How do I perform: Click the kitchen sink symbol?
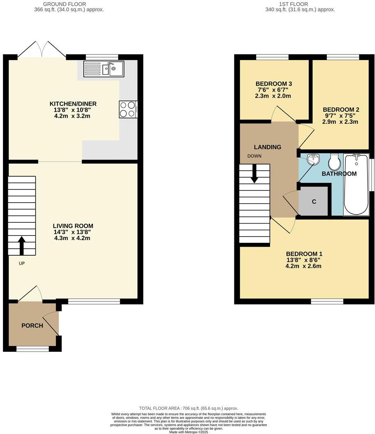pos(104,69)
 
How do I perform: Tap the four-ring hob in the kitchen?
pos(128,109)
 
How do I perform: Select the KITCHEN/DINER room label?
pos(73,104)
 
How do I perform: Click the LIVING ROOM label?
pos(73,226)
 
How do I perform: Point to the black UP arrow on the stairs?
pos(21,245)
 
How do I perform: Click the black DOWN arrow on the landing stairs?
pos(255,173)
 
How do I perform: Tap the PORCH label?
pos(32,325)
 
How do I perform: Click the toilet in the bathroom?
pos(334,162)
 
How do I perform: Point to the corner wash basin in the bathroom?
pos(313,159)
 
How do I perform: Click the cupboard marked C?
pos(314,201)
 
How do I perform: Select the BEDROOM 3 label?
pos(273,83)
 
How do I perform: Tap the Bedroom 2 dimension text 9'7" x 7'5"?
pos(341,115)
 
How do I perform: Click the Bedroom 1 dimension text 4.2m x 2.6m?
pos(303,266)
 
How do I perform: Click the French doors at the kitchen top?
pos(42,48)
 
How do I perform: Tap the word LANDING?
pos(267,147)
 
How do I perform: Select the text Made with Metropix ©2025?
pos(188,431)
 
